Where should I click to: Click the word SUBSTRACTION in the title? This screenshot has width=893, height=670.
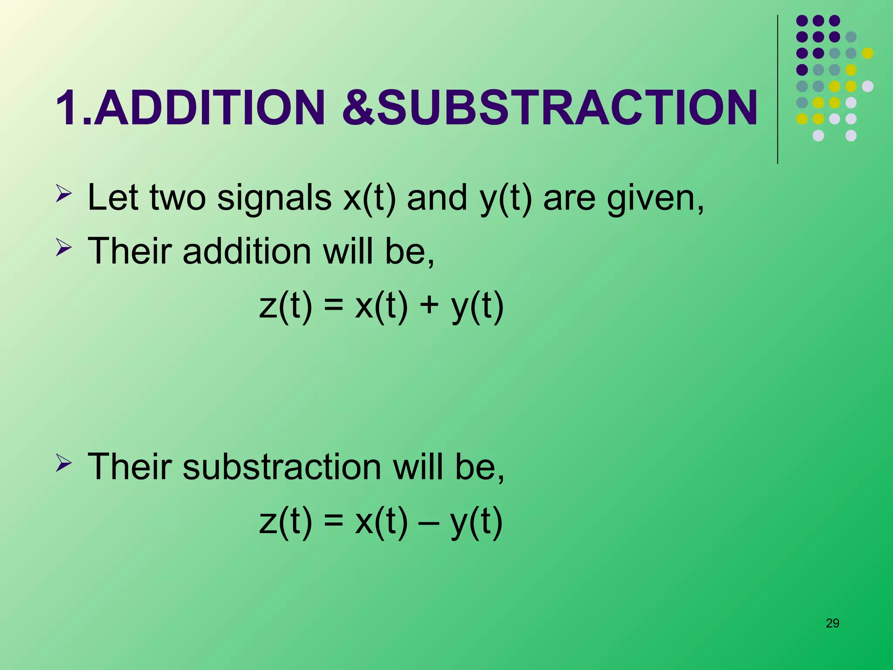567,108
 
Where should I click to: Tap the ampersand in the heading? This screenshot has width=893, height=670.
358,108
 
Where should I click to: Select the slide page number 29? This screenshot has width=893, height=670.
832,623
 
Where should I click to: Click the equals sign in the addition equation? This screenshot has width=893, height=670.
334,305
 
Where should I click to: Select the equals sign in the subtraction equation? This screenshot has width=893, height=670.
334,522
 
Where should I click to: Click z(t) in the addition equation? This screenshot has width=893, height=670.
286,305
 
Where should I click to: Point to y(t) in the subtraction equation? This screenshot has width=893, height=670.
477,522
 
